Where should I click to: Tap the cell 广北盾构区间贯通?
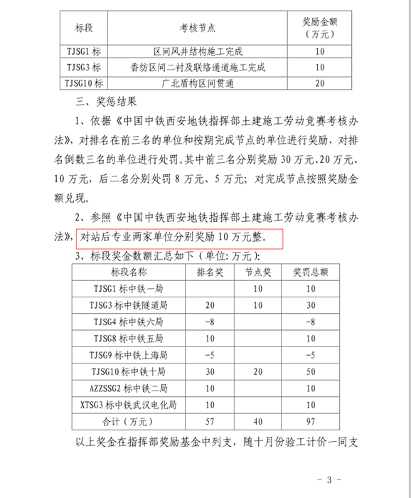pyautogui.click(x=198, y=83)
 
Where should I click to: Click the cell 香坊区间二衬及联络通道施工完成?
pyautogui.click(x=198, y=68)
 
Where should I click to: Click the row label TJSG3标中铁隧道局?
pyautogui.click(x=129, y=304)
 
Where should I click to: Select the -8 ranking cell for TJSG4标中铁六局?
pyautogui.click(x=209, y=321)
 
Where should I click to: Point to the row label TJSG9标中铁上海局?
pyautogui.click(x=129, y=354)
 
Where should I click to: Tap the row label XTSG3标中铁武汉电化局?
pyautogui.click(x=129, y=404)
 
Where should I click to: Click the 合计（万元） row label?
pyautogui.click(x=129, y=421)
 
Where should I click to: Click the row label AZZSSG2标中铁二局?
pyautogui.click(x=129, y=388)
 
